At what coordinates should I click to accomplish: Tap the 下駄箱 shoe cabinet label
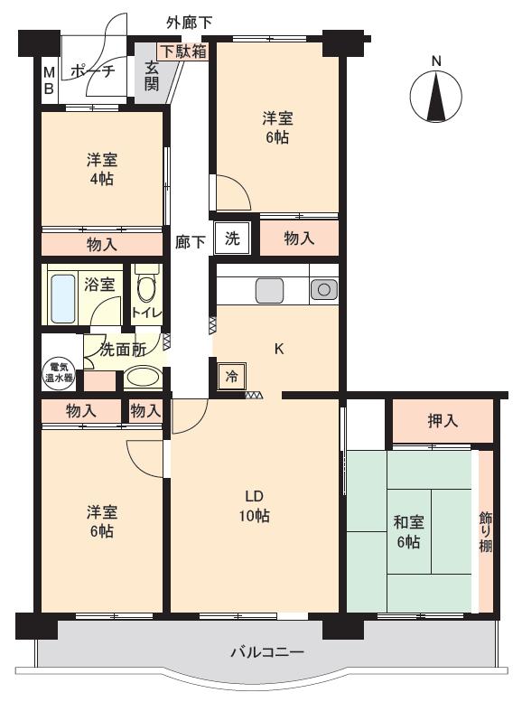pyautogui.click(x=183, y=51)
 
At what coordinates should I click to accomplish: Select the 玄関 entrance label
pyautogui.click(x=152, y=76)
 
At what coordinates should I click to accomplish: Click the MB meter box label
pyautogui.click(x=49, y=80)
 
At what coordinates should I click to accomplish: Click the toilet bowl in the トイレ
pyautogui.click(x=145, y=289)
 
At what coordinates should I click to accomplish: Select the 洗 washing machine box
pyautogui.click(x=232, y=239)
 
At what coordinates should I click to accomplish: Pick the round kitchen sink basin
pyautogui.click(x=323, y=290)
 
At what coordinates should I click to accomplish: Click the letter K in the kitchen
pyautogui.click(x=278, y=349)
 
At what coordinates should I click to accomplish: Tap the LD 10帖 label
pyautogui.click(x=254, y=506)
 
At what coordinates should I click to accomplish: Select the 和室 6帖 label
pyautogui.click(x=408, y=532)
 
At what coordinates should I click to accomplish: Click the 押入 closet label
pyautogui.click(x=443, y=421)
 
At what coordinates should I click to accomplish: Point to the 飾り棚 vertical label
pyautogui.click(x=486, y=531)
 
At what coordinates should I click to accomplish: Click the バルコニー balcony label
pyautogui.click(x=267, y=652)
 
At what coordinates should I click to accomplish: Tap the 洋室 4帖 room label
pyautogui.click(x=102, y=169)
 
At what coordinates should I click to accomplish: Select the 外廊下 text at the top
pyautogui.click(x=189, y=23)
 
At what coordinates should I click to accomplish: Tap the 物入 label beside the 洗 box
pyautogui.click(x=299, y=239)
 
